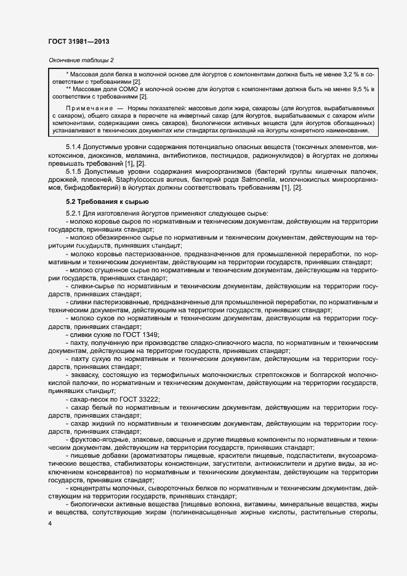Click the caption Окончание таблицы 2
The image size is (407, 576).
coord(81,60)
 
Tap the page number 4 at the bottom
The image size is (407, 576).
coord(50,524)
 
